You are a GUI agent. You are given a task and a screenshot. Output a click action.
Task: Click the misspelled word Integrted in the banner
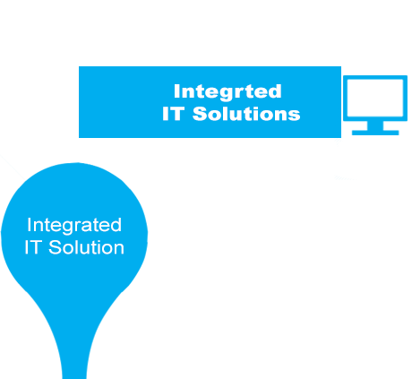pyautogui.click(x=227, y=91)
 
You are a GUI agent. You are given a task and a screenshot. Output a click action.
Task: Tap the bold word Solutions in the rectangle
pyautogui.click(x=246, y=114)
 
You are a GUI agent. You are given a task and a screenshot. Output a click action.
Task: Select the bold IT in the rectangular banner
pyautogui.click(x=173, y=114)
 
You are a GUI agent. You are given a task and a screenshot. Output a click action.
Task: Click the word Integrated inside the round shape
pyautogui.click(x=74, y=226)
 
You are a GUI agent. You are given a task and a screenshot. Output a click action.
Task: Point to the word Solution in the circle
pyautogui.click(x=86, y=247)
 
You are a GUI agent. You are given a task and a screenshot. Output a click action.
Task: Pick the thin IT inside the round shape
pyautogui.click(x=32, y=247)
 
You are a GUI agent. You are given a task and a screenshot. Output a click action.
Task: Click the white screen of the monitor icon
pyautogui.click(x=375, y=98)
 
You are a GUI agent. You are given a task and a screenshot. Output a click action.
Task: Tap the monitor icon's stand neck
pyautogui.click(x=375, y=125)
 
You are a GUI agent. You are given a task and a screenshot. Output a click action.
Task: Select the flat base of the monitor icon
pyautogui.click(x=375, y=133)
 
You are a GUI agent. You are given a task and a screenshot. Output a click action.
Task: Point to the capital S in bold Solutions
pyautogui.click(x=200, y=114)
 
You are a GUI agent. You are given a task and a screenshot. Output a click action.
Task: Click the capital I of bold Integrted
pyautogui.click(x=176, y=91)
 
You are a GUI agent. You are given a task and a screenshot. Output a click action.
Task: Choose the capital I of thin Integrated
pyautogui.click(x=29, y=225)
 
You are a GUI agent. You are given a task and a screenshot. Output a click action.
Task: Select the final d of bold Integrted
pyautogui.click(x=275, y=91)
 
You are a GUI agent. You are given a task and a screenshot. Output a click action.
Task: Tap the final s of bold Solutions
pyautogui.click(x=295, y=116)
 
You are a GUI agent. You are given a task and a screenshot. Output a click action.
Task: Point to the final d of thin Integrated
pyautogui.click(x=116, y=225)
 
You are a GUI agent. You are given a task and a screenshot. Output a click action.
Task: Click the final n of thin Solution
pyautogui.click(x=119, y=250)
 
